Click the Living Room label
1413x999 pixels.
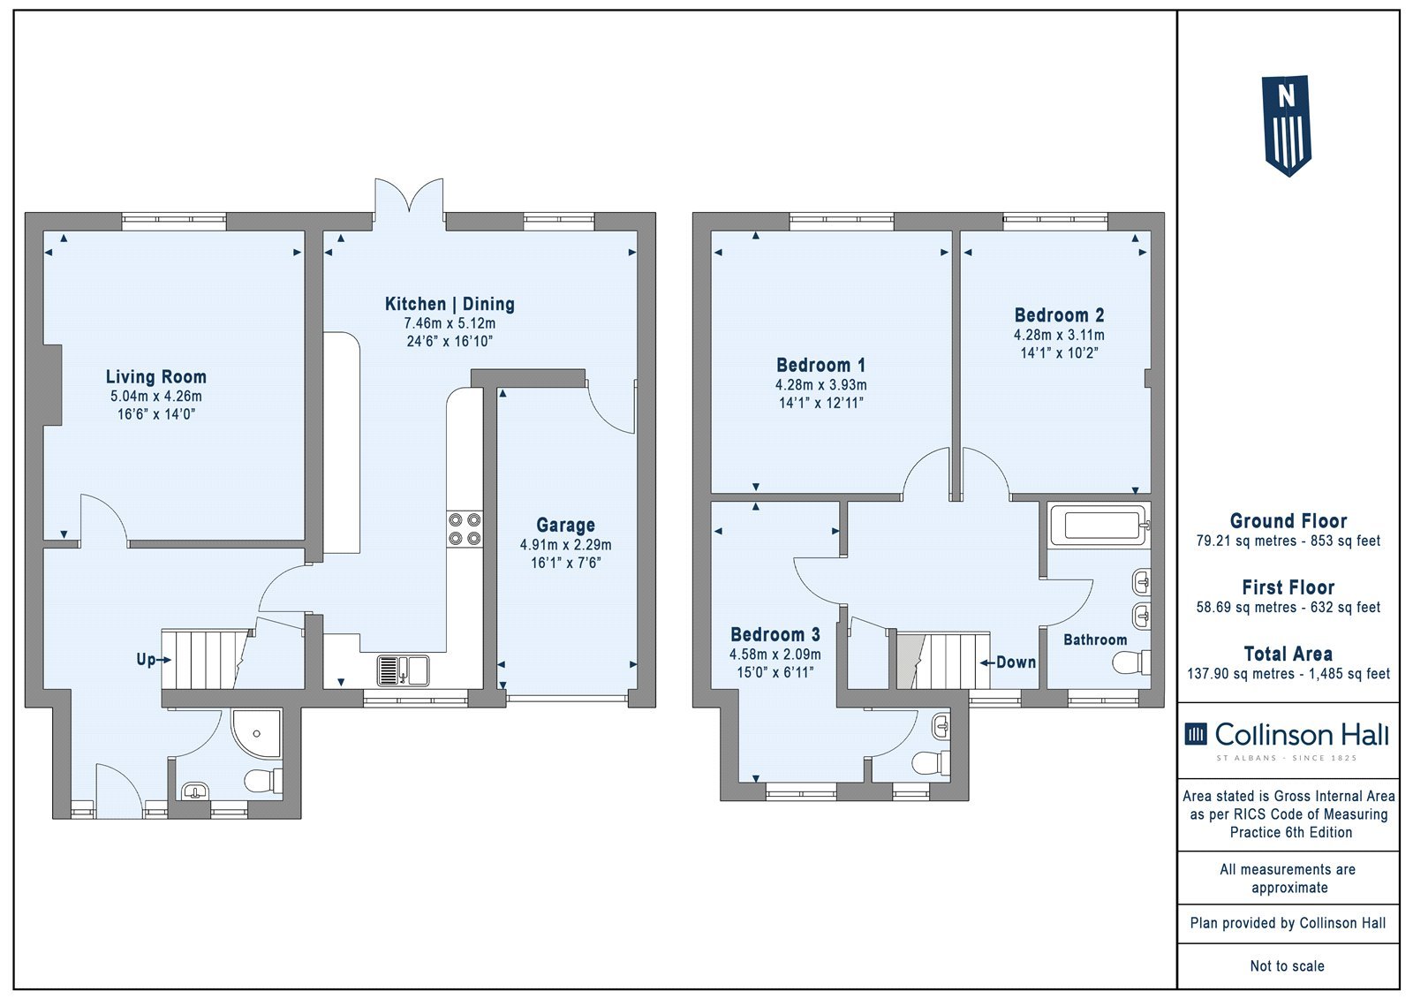[x=155, y=377]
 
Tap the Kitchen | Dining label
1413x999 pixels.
[x=450, y=304]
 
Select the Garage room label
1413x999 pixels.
[x=565, y=525]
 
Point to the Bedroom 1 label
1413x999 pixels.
[x=820, y=366]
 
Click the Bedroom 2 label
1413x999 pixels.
[x=1059, y=315]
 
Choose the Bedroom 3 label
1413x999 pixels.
[x=775, y=634]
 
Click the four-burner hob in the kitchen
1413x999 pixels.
[x=465, y=529]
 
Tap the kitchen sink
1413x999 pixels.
[x=403, y=670]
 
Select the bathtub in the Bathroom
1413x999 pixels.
[x=1099, y=525]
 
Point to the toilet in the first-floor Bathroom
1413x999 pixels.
[x=1131, y=663]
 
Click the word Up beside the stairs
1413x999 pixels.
[x=146, y=660]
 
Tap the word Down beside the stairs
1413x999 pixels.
[x=1016, y=662]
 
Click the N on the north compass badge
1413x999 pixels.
[x=1286, y=96]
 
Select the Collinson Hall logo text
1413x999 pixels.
[x=1302, y=735]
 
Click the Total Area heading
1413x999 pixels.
[x=1288, y=654]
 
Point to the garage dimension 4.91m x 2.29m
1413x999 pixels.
[x=565, y=545]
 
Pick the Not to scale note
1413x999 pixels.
[x=1287, y=966]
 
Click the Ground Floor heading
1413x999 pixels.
[x=1288, y=521]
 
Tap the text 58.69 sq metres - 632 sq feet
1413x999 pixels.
[x=1288, y=607]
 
